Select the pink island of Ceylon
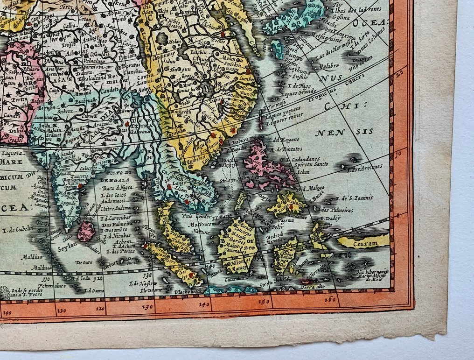click(86, 232)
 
